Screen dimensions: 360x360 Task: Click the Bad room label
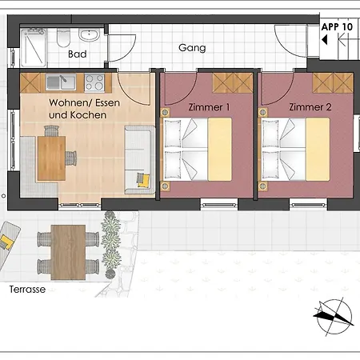(78, 54)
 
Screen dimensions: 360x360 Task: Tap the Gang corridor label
(192, 48)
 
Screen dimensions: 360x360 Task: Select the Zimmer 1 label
(209, 107)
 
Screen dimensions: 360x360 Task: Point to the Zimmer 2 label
(310, 107)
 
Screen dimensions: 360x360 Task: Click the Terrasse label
(27, 290)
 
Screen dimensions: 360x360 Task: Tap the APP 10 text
(337, 27)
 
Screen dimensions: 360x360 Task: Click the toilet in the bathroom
(63, 38)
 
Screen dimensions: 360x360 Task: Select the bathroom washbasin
(89, 35)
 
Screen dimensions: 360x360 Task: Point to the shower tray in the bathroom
(34, 47)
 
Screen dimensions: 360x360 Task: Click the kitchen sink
(61, 82)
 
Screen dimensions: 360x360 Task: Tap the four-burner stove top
(94, 82)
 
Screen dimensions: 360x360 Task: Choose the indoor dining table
(51, 158)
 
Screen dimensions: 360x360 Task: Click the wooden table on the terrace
(68, 252)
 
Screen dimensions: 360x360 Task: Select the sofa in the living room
(139, 160)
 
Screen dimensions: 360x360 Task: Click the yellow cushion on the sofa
(144, 181)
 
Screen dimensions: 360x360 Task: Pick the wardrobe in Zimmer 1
(233, 83)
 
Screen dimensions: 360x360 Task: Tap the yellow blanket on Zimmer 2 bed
(318, 150)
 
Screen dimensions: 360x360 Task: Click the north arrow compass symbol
(334, 316)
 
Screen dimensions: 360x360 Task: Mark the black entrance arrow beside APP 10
(325, 40)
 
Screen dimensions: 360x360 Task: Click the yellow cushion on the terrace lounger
(6, 242)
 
